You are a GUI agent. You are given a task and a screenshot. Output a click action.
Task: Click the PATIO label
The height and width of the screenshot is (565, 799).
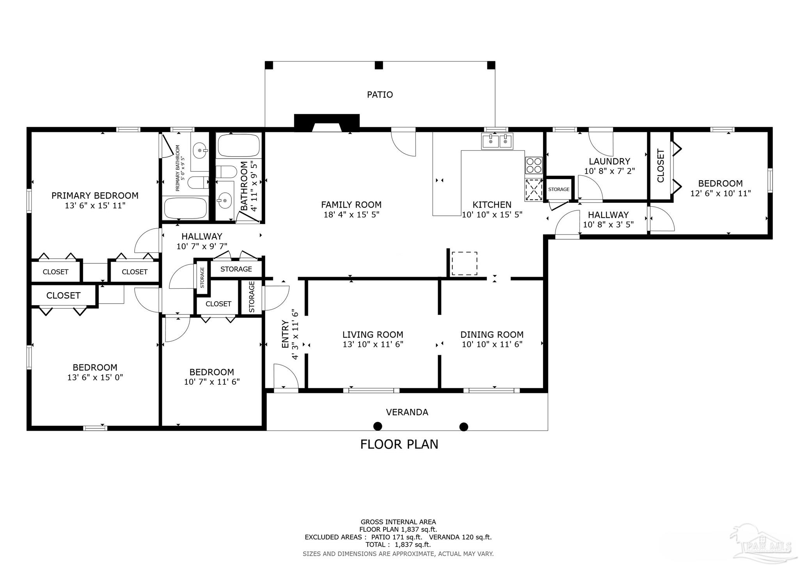380,94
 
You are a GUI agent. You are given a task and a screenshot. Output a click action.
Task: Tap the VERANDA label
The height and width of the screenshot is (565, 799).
407,412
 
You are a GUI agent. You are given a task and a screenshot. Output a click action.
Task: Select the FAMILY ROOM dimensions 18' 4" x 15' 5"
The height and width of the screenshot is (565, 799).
351,215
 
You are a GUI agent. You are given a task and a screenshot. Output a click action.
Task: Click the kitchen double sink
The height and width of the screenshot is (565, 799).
498,141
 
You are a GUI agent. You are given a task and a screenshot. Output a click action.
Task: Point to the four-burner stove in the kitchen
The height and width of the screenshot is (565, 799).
534,165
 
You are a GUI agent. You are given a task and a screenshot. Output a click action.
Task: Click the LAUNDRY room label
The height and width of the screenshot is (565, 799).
609,161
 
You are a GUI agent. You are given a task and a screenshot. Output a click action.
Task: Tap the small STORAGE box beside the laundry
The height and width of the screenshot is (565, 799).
559,189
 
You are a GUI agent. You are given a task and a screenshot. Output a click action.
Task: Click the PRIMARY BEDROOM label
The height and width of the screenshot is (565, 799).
95,195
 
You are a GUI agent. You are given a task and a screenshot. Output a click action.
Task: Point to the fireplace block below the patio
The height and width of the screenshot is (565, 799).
327,123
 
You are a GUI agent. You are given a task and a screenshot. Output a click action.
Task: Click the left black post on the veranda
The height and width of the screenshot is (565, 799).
378,426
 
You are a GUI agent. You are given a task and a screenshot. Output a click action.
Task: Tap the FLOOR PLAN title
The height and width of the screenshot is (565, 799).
399,444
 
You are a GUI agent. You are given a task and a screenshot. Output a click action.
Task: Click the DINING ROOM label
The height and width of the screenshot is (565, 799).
492,334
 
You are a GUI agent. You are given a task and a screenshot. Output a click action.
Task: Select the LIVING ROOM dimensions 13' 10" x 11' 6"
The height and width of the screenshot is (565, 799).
373,344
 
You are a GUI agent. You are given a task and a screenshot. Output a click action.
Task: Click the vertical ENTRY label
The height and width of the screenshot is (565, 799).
285,334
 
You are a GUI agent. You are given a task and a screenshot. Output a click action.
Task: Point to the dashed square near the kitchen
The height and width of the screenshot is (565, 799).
464,263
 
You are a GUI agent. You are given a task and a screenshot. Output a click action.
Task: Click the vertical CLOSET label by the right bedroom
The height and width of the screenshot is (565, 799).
661,165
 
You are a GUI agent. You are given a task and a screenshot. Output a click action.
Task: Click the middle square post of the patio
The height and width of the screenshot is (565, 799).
378,65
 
